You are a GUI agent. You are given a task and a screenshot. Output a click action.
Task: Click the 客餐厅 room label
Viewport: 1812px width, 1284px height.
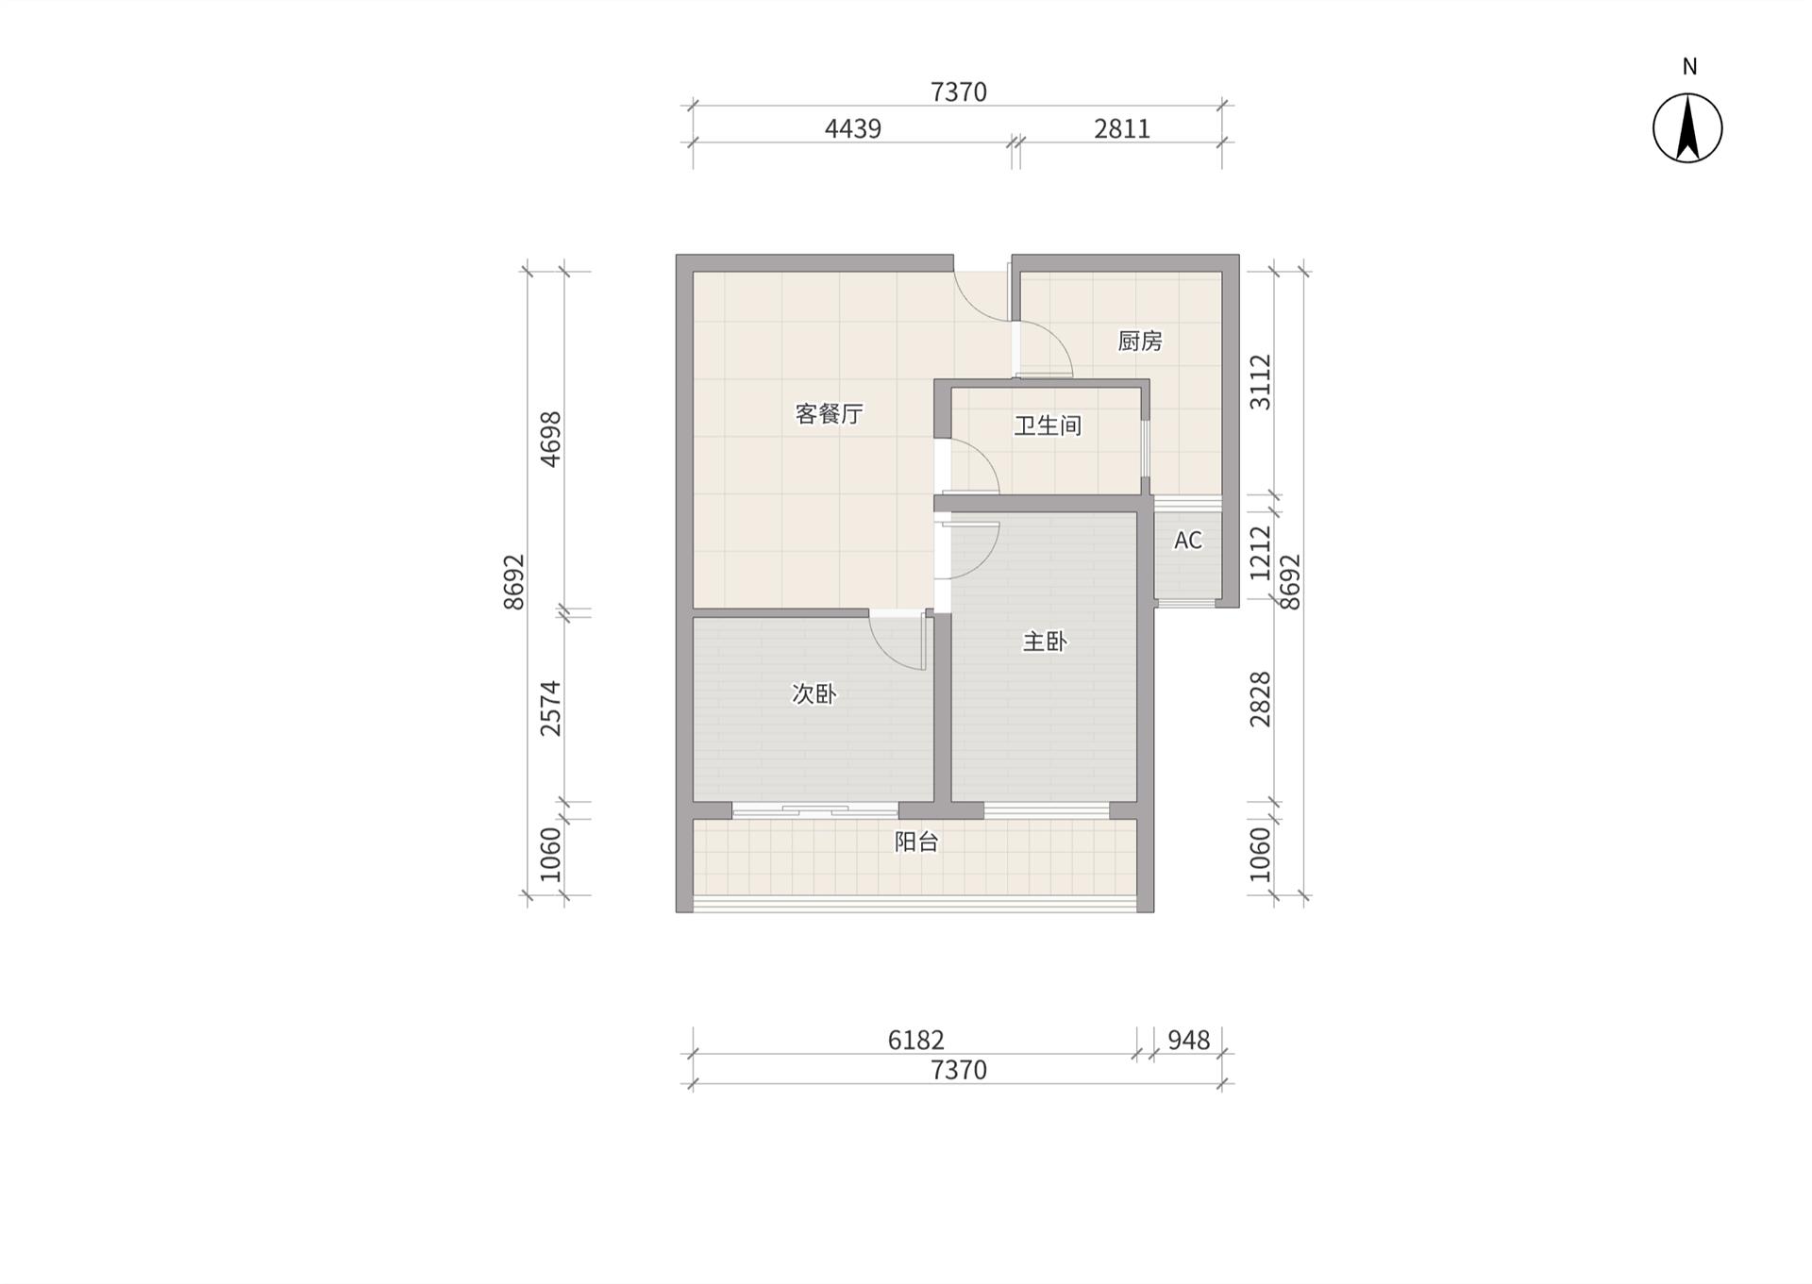pyautogui.click(x=829, y=414)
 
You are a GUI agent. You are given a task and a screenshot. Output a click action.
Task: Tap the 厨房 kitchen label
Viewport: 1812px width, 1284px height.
pyautogui.click(x=1139, y=341)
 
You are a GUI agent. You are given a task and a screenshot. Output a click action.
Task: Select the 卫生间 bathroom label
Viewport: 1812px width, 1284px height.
pyautogui.click(x=1048, y=425)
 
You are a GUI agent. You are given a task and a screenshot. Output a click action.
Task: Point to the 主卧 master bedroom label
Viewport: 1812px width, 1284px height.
pyautogui.click(x=1045, y=642)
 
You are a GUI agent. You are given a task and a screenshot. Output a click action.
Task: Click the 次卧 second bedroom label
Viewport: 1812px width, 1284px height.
pyautogui.click(x=814, y=694)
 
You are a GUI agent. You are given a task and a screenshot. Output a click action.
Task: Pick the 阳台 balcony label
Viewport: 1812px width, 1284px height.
pyautogui.click(x=916, y=842)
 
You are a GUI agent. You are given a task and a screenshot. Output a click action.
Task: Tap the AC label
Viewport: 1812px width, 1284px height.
pyautogui.click(x=1188, y=541)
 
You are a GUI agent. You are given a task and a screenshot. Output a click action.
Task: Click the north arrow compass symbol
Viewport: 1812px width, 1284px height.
pyautogui.click(x=1687, y=128)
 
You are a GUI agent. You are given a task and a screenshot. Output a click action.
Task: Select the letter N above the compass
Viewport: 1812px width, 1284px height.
pyautogui.click(x=1689, y=67)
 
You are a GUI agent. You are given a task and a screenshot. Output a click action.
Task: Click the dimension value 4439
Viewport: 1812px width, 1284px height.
pyautogui.click(x=853, y=128)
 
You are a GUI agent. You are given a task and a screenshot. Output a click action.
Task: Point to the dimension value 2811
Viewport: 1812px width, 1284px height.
pyautogui.click(x=1122, y=128)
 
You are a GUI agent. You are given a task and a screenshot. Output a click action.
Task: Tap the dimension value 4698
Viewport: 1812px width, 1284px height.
pyautogui.click(x=550, y=439)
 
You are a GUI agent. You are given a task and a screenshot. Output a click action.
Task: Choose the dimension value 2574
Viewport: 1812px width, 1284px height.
pyautogui.click(x=550, y=709)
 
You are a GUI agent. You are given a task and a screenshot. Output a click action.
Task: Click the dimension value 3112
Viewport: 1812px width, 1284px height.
pyautogui.click(x=1261, y=382)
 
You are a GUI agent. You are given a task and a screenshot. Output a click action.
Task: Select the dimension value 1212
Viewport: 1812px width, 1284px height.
pyautogui.click(x=1261, y=553)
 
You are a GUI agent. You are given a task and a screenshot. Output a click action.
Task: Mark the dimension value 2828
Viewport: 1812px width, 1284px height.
pyautogui.click(x=1261, y=699)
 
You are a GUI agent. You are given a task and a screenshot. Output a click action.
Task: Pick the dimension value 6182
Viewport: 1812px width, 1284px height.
pyautogui.click(x=916, y=1040)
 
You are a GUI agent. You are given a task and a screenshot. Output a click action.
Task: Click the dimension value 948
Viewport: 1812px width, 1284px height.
pyautogui.click(x=1189, y=1040)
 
